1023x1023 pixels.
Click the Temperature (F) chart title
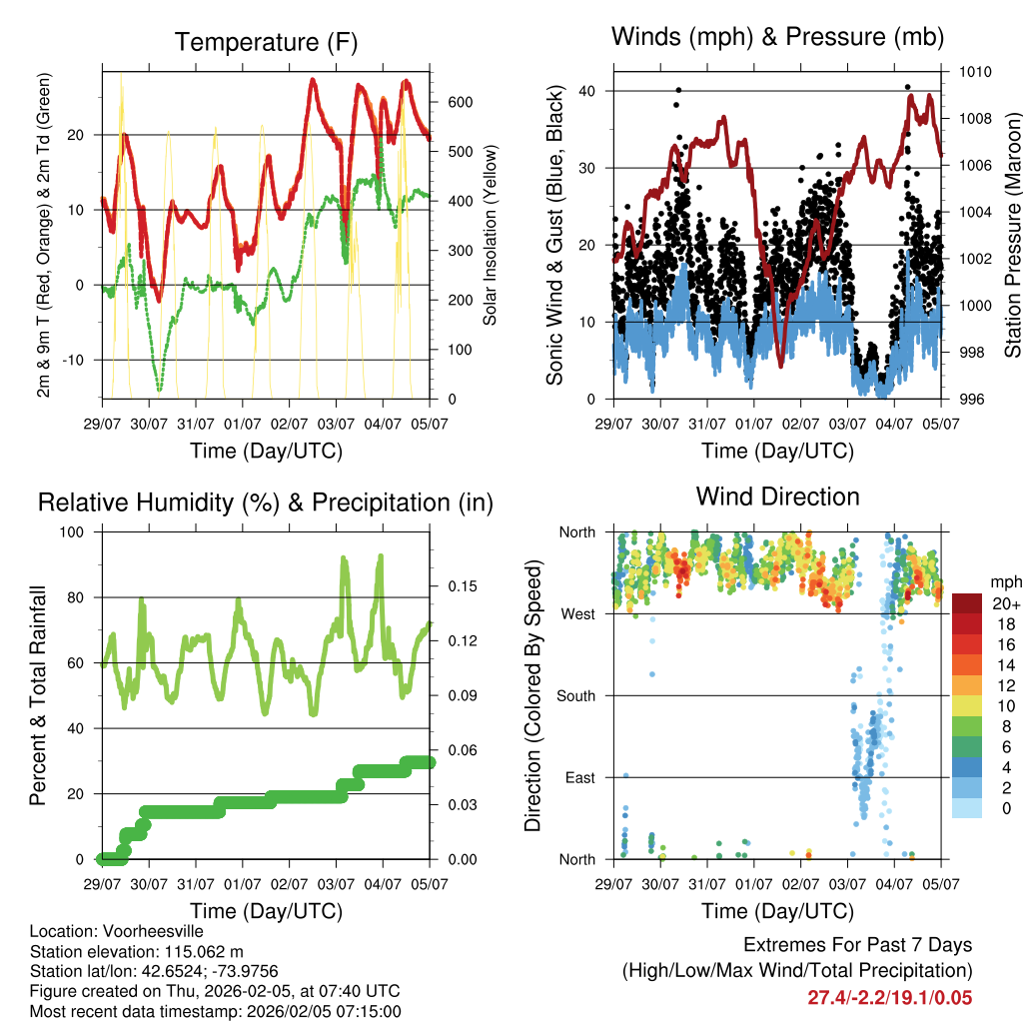click(x=266, y=42)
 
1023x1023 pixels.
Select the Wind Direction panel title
click(x=777, y=497)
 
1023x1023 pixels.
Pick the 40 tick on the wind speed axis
click(x=587, y=91)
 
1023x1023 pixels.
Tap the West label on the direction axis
click(x=576, y=614)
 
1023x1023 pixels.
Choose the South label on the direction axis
click(x=575, y=696)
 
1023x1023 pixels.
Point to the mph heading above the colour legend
click(x=1004, y=581)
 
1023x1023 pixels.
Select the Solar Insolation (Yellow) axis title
click(x=491, y=235)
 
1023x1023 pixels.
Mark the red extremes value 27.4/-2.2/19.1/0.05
click(x=889, y=998)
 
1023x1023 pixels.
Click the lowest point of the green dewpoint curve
click(x=159, y=389)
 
